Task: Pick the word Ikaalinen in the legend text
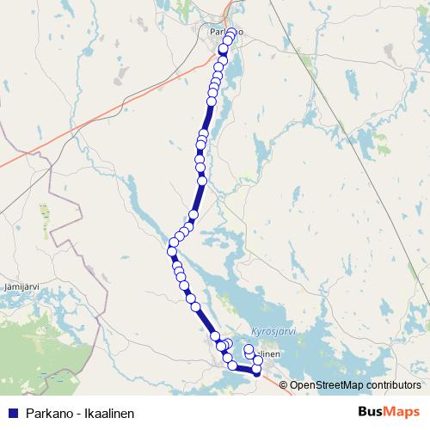click(108, 413)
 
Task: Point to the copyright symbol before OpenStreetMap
click(285, 384)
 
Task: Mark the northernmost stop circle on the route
click(230, 34)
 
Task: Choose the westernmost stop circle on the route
click(171, 250)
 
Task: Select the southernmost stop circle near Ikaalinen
click(256, 371)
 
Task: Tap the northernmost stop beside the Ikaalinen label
click(249, 349)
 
